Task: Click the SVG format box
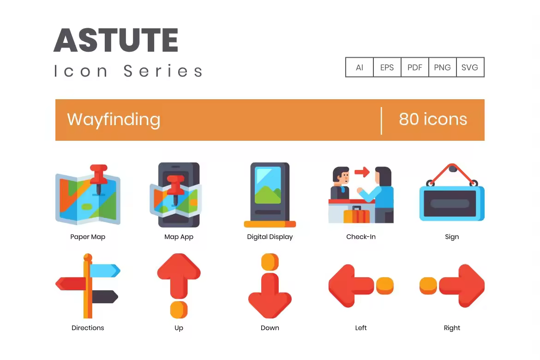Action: pyautogui.click(x=470, y=67)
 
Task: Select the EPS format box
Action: pyautogui.click(x=387, y=67)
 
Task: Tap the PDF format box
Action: pyautogui.click(x=414, y=67)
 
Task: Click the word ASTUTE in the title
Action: pyautogui.click(x=116, y=40)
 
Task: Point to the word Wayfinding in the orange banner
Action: pyautogui.click(x=114, y=120)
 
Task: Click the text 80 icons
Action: pyautogui.click(x=433, y=119)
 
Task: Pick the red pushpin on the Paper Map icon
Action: pyautogui.click(x=99, y=179)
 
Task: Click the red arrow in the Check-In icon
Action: pyautogui.click(x=362, y=172)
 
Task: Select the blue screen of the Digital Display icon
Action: pyautogui.click(x=268, y=185)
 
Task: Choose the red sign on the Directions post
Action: pyautogui.click(x=71, y=284)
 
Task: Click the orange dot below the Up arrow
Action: pyautogui.click(x=179, y=309)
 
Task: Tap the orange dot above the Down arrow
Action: pyautogui.click(x=270, y=262)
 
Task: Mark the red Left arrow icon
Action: pyautogui.click(x=351, y=286)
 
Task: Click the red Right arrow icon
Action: pyautogui.click(x=462, y=286)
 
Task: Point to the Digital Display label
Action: pyautogui.click(x=270, y=237)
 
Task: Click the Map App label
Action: pyautogui.click(x=179, y=237)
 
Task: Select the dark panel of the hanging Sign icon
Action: pyautogui.click(x=450, y=204)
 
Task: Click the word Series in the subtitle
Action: pyautogui.click(x=163, y=71)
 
